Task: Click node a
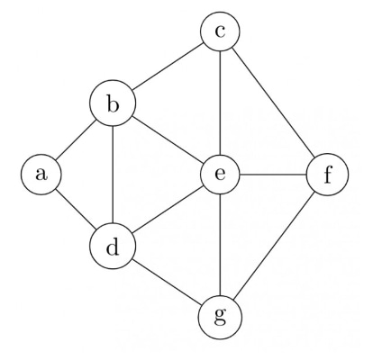[41, 175]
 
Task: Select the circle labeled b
[113, 103]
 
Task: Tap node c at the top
[220, 31]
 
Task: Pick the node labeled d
[113, 246]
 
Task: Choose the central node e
[220, 175]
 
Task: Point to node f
[327, 175]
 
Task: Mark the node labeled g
[220, 318]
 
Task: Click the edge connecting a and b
[76, 139]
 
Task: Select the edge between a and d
[76, 209]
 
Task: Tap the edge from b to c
[168, 67]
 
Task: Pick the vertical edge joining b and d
[113, 175]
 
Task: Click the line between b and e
[168, 139]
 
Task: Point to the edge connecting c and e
[220, 103]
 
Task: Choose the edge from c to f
[273, 103]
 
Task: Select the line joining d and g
[167, 282]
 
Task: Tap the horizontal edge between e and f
[273, 175]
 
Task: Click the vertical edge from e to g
[220, 245]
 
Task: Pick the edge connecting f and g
[274, 246]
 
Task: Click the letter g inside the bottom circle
[220, 316]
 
